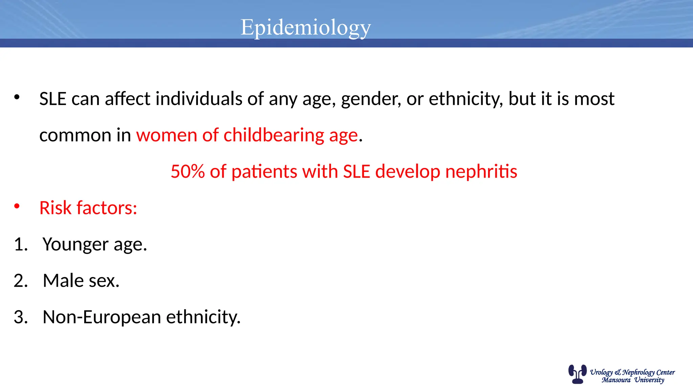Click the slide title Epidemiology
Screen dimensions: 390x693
click(x=306, y=27)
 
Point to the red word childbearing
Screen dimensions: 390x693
click(x=274, y=135)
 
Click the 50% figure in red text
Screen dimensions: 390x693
click(x=188, y=171)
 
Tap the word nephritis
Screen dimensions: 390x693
click(x=481, y=172)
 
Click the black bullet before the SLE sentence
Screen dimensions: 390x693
click(x=17, y=97)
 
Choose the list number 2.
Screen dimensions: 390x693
click(x=20, y=281)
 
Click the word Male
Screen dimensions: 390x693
click(x=63, y=281)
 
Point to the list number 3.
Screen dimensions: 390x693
click(x=20, y=317)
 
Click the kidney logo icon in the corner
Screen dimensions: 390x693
click(x=577, y=374)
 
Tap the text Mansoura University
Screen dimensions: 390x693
click(x=632, y=380)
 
